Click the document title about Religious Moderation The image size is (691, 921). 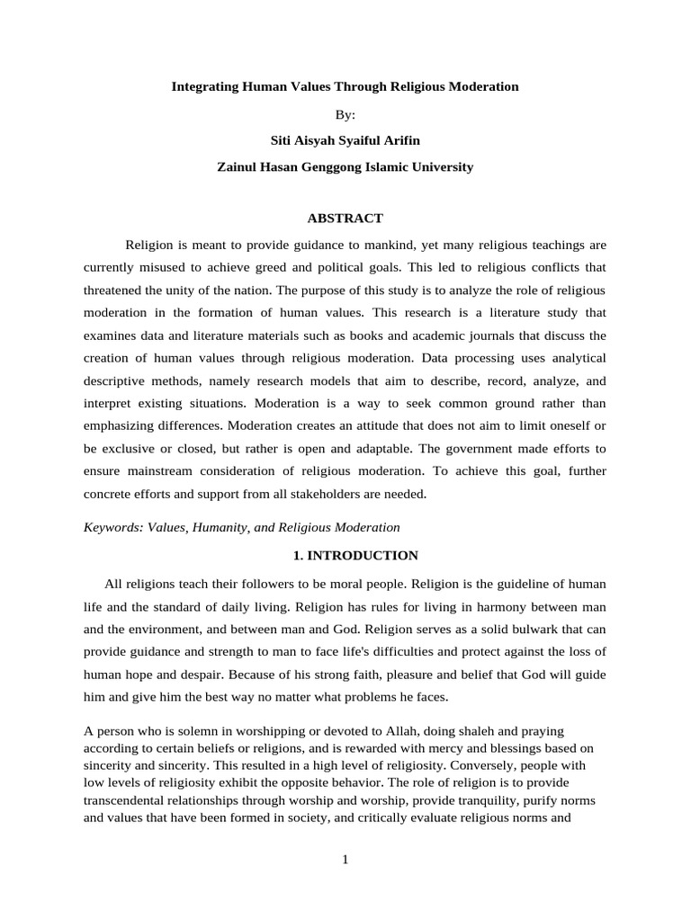[345, 87]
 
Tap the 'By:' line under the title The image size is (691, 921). [345, 114]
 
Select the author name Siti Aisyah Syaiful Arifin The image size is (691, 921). [345, 140]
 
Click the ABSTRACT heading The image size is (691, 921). [345, 219]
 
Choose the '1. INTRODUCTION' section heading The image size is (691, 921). [345, 556]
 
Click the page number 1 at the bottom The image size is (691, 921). [345, 860]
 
